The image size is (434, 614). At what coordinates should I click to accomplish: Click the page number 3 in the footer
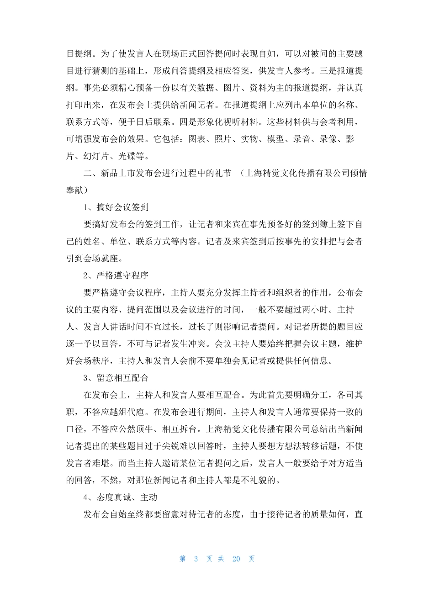coord(196,559)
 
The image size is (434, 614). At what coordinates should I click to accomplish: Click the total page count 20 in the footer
coord(236,559)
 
